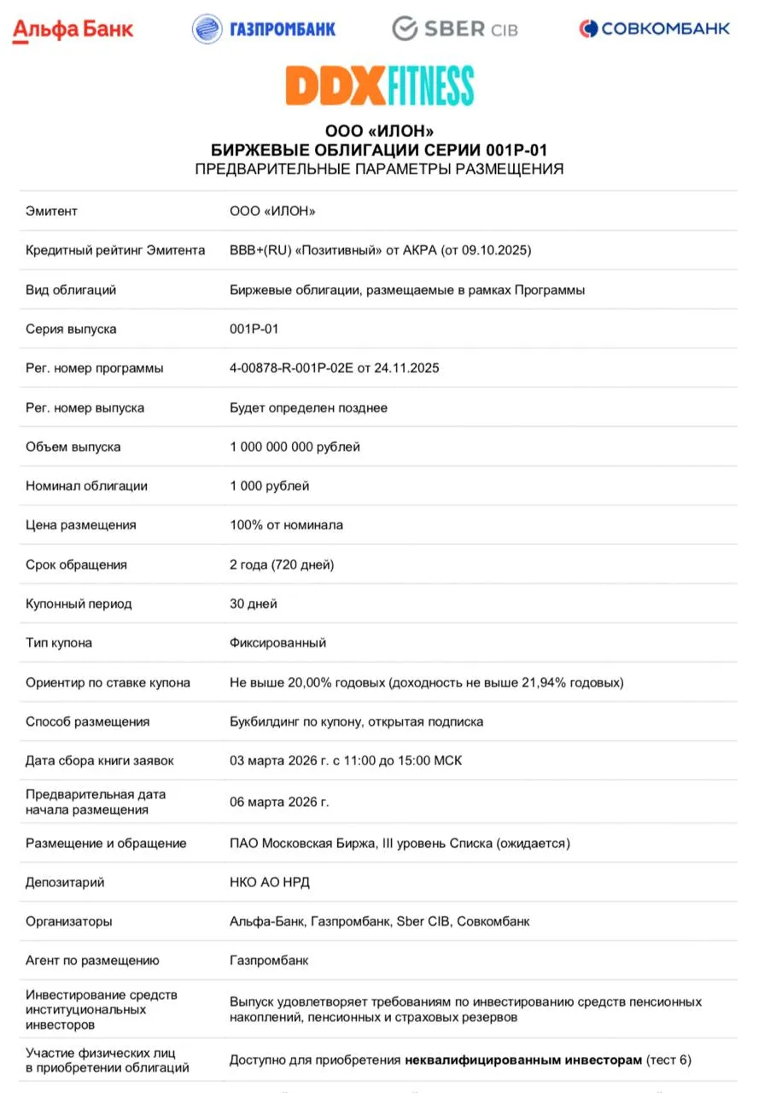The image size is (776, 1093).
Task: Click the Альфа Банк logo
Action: (73, 30)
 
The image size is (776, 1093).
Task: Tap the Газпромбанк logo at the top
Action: (264, 29)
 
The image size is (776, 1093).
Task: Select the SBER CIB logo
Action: (455, 29)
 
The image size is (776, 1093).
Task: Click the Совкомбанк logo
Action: (655, 29)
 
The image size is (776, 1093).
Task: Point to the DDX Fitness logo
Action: (380, 85)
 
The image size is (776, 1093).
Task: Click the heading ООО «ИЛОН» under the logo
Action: (380, 132)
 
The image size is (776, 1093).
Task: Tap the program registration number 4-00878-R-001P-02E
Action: (298, 368)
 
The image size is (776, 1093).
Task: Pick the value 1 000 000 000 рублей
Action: (295, 447)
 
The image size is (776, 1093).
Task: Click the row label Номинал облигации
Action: (86, 486)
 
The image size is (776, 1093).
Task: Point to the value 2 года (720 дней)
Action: (282, 564)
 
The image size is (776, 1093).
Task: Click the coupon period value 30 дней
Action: (254, 604)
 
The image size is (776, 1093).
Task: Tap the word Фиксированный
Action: (277, 643)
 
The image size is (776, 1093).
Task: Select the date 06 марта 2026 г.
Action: (279, 802)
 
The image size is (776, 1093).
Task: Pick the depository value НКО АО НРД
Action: (270, 882)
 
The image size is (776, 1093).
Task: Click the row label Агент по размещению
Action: (92, 961)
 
